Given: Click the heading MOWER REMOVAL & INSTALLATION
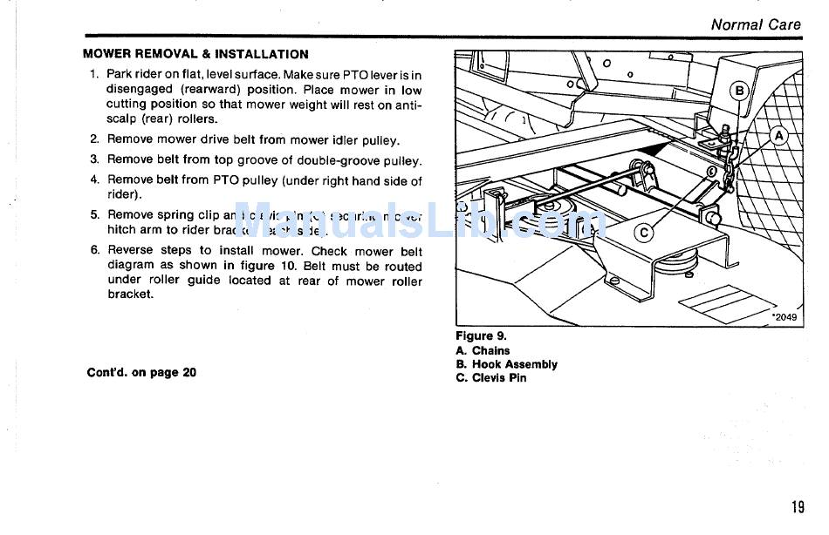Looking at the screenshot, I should pos(195,54).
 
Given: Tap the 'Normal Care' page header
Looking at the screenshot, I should pos(755,24).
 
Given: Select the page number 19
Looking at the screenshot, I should pos(798,507).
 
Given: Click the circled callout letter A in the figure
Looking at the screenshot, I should pos(778,136).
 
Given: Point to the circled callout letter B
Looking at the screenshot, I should pos(740,91).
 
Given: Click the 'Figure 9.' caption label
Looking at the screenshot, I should pos(481,336).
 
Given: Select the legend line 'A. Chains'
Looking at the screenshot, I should pos(483,350).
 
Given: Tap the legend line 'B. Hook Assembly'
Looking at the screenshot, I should pos(506,364).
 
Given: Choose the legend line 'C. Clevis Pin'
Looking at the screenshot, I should pos(491,378).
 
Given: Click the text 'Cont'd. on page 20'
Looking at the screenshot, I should pos(141,372).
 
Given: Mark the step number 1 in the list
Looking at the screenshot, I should pos(94,75).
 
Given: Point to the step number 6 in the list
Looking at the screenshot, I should pos(94,250).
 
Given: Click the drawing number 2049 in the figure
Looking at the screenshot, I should pos(784,318).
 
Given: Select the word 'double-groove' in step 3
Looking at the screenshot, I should pos(336,160).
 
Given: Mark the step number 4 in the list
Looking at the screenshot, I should pos(94,180).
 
